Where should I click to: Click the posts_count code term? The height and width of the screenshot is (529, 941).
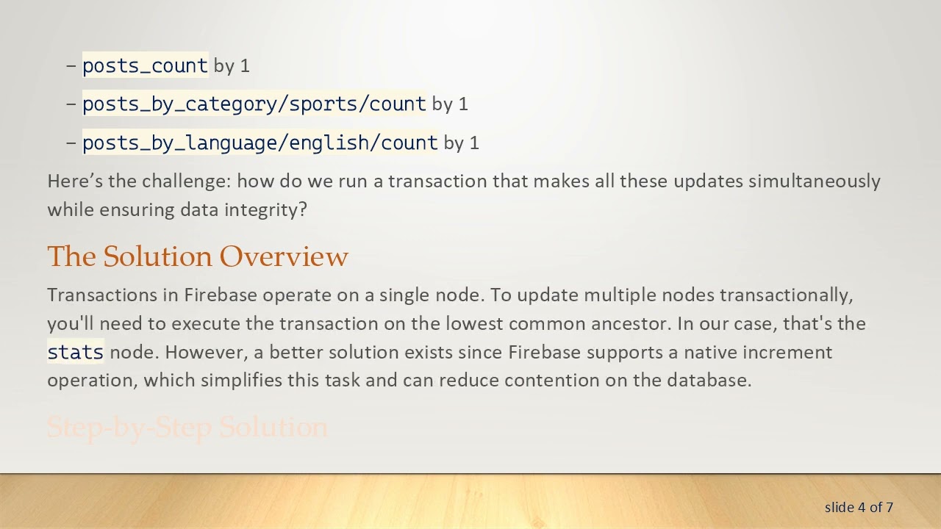pyautogui.click(x=145, y=65)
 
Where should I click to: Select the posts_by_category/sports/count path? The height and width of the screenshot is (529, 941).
pyautogui.click(x=254, y=104)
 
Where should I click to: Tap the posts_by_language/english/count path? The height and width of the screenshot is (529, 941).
pyautogui.click(x=260, y=142)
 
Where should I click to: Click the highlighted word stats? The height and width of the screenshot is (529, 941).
pyautogui.click(x=75, y=352)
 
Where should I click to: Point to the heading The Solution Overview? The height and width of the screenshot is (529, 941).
pyautogui.click(x=198, y=256)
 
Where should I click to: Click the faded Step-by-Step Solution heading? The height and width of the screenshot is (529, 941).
pyautogui.click(x=187, y=427)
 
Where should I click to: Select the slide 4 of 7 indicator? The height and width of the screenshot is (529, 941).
pyautogui.click(x=859, y=507)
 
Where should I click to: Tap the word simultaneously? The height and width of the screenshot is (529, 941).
pyautogui.click(x=814, y=181)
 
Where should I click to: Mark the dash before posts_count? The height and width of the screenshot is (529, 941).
pyautogui.click(x=71, y=65)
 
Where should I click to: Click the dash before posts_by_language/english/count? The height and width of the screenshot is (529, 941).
pyautogui.click(x=71, y=142)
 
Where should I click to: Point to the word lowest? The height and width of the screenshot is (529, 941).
pyautogui.click(x=473, y=323)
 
